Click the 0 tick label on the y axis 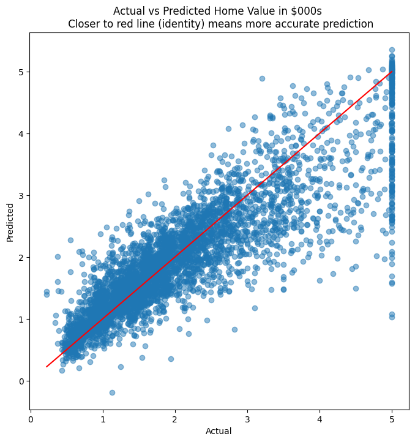[21, 381]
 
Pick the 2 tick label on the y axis [21, 257]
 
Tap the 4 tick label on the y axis [21, 133]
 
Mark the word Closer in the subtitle [82, 24]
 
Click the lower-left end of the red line [47, 367]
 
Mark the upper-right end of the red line [392, 72]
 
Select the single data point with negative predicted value [112, 392]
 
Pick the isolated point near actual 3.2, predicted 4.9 [262, 78]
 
